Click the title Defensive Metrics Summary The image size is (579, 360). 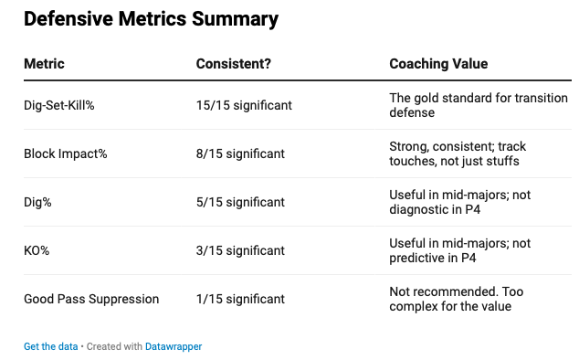151,19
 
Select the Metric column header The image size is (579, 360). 44,64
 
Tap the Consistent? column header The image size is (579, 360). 234,64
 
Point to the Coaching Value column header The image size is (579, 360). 438,64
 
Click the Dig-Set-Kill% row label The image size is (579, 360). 59,105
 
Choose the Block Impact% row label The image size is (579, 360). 66,154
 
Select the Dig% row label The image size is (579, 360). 37,202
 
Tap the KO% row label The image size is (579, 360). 37,250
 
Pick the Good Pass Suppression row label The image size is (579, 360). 91,299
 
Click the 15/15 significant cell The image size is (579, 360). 244,105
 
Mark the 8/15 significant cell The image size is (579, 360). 240,154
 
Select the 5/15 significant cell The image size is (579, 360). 240,202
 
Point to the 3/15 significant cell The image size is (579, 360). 240,250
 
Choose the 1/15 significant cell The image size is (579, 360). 240,299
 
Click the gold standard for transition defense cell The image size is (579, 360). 479,105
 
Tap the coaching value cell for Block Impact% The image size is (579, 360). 458,154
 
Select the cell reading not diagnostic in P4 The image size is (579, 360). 459,202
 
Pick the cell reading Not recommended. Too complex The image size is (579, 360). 456,299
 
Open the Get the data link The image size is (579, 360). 50,346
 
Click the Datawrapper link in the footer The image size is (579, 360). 174,346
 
